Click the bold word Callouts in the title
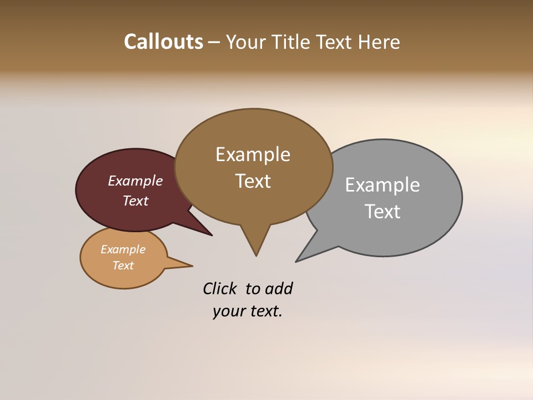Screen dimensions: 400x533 (164, 42)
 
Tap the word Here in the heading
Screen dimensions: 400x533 (379, 42)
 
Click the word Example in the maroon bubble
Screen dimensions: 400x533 (135, 181)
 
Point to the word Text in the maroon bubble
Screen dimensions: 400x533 (135, 201)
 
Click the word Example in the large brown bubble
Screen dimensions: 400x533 (253, 154)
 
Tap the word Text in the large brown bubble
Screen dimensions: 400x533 (253, 181)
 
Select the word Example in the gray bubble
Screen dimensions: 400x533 (382, 185)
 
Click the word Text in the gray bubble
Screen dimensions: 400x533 (383, 212)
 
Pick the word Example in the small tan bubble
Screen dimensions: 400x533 (123, 249)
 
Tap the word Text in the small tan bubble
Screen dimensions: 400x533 (123, 266)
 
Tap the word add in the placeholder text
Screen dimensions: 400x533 (279, 289)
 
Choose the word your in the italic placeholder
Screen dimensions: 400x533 (227, 312)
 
